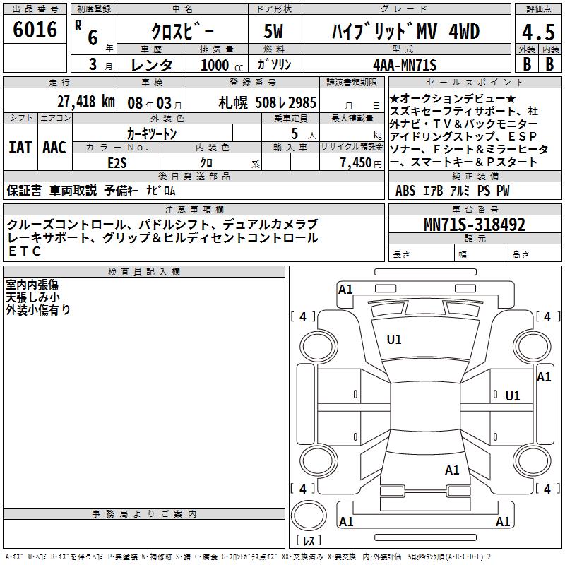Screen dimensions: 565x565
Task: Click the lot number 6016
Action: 35,30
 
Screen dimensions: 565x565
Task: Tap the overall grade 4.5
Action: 538,32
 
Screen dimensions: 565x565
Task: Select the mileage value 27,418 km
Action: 85,102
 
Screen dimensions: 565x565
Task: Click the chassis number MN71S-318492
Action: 475,225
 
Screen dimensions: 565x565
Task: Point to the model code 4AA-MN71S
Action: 405,65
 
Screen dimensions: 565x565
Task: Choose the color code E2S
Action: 117,163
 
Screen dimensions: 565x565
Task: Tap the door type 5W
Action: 273,31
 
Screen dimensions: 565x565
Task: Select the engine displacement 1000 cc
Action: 222,66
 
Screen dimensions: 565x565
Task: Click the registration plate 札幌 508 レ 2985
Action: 268,103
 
